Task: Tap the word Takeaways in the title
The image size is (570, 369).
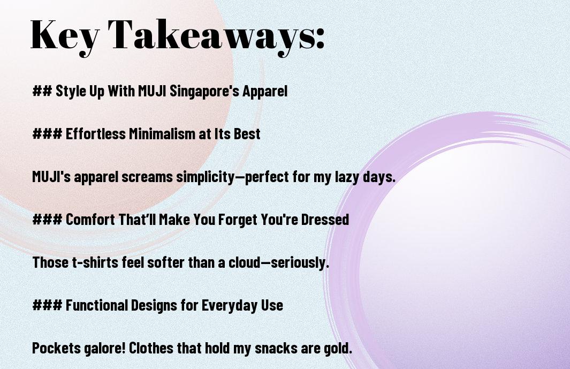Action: (209, 35)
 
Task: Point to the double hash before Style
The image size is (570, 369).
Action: (42, 91)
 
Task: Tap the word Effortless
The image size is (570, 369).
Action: (96, 134)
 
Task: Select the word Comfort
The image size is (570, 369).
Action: (90, 220)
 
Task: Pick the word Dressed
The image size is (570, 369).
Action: (325, 220)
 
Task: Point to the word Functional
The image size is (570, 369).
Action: (96, 305)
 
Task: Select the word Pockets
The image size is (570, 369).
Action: (57, 348)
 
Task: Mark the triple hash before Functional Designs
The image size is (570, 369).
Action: (47, 305)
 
